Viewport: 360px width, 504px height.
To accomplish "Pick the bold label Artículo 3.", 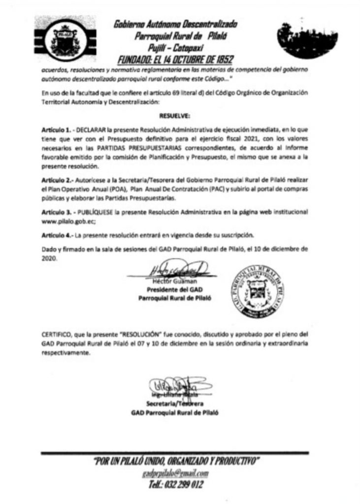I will pyautogui.click(x=55, y=212).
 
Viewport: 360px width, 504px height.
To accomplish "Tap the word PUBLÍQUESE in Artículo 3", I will pyautogui.click(x=94, y=212).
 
